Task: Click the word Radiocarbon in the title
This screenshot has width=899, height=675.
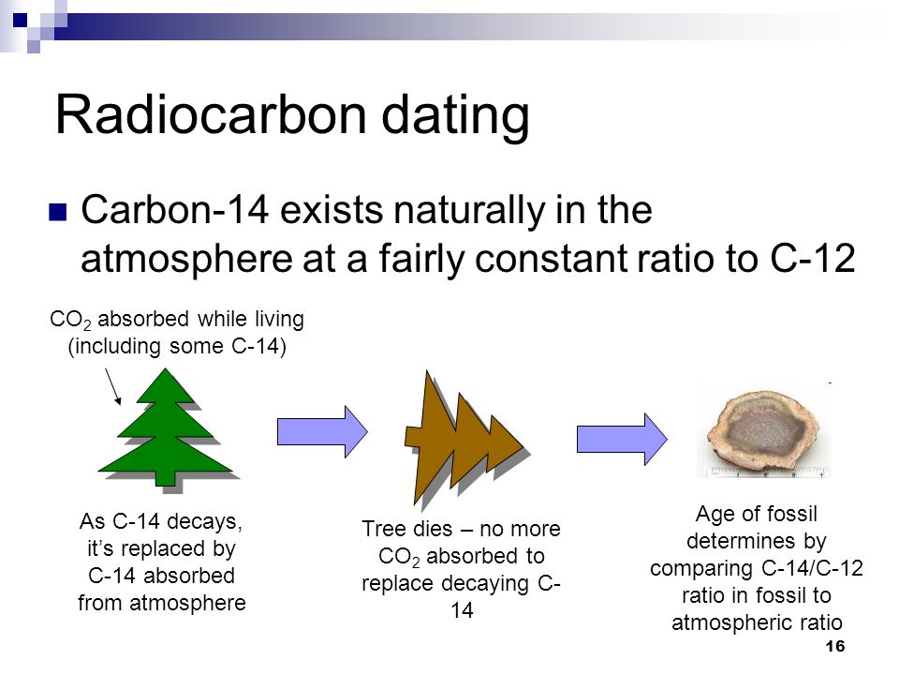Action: tap(211, 114)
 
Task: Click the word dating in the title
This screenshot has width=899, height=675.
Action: tap(455, 117)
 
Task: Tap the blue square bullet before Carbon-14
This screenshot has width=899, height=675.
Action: tap(58, 213)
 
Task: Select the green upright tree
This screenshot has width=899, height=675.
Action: tap(167, 427)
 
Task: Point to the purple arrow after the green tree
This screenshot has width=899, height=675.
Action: tap(322, 431)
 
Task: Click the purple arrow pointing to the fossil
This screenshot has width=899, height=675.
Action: tap(622, 439)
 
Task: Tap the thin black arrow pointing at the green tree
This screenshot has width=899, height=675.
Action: tap(113, 386)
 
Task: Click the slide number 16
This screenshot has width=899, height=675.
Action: tap(834, 646)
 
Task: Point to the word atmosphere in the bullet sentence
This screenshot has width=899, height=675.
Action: tap(187, 260)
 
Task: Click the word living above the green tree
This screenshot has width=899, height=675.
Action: tap(279, 319)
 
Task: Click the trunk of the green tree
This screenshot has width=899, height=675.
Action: tap(166, 479)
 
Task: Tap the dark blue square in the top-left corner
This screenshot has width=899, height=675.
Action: tap(20, 21)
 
